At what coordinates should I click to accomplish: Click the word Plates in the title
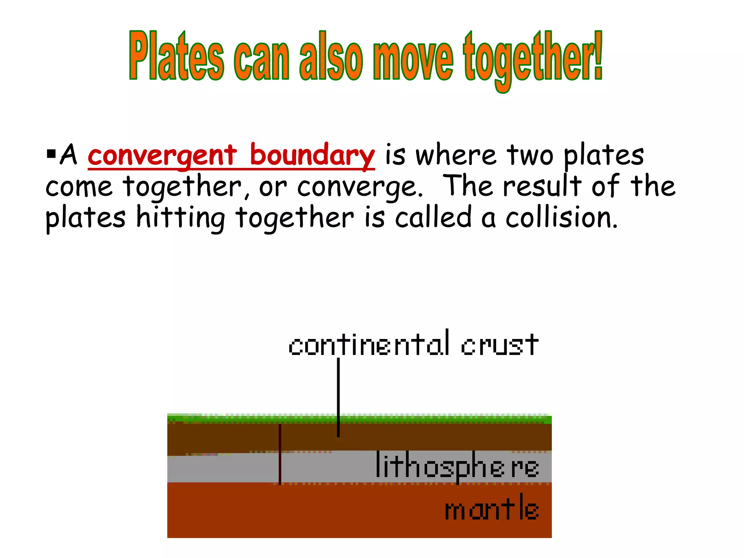177,56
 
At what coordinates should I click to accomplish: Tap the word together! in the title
533,58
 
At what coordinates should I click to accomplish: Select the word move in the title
413,58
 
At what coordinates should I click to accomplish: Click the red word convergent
162,155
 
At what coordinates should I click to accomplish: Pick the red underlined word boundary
312,155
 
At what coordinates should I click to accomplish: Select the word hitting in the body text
181,218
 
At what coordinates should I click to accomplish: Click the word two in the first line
530,155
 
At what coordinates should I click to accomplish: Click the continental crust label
413,344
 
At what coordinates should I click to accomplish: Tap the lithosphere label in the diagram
457,466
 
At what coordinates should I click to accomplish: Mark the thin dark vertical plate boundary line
280,454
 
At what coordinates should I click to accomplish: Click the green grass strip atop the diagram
359,419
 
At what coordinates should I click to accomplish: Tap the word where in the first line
456,155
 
